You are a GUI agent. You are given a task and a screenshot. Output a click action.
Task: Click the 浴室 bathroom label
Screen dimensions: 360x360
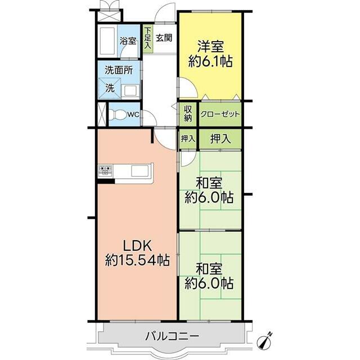[128, 42]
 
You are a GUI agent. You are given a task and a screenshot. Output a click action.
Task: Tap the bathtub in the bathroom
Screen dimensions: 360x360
[107, 41]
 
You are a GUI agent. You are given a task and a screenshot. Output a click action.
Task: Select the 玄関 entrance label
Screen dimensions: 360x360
[164, 38]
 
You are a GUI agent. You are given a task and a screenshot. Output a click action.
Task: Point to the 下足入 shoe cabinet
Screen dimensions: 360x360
[147, 38]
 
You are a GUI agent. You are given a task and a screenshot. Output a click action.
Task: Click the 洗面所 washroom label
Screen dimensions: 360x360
[119, 70]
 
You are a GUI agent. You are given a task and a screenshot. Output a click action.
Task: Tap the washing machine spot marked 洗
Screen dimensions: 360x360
[110, 88]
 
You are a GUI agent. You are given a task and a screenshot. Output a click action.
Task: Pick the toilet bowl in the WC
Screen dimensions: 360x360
[116, 114]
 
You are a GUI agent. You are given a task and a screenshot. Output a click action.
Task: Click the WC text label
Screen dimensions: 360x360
[133, 115]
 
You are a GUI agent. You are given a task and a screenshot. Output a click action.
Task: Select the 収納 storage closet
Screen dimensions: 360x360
[188, 114]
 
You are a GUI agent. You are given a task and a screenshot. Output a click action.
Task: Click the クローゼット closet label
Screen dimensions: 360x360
[220, 114]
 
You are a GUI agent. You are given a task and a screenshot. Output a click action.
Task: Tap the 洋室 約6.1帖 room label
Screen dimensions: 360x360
[210, 54]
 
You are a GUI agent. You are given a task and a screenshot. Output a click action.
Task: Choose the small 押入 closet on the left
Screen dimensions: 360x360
[188, 139]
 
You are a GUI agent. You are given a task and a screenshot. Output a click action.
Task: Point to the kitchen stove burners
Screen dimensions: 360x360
[106, 170]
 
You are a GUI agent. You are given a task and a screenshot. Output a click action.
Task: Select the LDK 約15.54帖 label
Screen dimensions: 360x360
[137, 253]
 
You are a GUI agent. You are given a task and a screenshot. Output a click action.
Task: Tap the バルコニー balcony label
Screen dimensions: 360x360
[172, 336]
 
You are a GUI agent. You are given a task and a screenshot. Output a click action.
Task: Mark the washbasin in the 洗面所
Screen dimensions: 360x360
[130, 91]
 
